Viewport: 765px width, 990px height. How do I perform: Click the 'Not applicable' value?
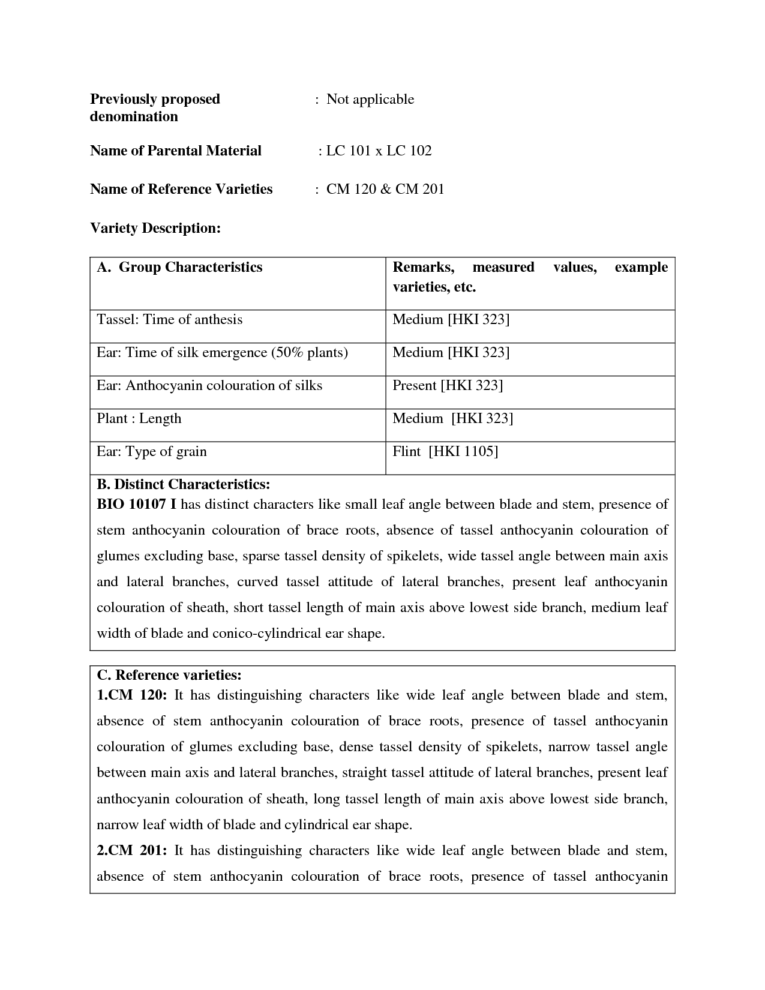click(370, 99)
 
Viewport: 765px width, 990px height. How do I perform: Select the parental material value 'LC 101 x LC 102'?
click(379, 151)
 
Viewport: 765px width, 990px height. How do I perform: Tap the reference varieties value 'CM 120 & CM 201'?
click(385, 189)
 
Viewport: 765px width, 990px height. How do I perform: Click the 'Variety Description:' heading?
click(155, 228)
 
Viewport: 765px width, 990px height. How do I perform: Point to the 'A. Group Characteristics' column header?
click(179, 267)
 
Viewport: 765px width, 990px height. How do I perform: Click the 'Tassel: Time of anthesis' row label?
click(170, 319)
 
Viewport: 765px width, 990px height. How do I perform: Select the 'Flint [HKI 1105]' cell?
click(445, 451)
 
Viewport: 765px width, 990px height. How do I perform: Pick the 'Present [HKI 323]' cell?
click(448, 385)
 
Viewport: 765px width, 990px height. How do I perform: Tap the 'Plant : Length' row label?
click(139, 418)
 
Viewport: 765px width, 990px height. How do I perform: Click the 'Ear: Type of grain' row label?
click(152, 451)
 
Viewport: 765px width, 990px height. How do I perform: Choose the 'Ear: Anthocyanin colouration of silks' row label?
click(209, 385)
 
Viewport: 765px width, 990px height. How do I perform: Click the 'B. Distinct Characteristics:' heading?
click(184, 484)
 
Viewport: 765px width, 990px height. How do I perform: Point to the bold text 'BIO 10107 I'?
click(136, 504)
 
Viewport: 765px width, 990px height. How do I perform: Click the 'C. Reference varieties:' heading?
click(169, 675)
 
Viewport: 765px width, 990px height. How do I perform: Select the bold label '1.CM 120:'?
click(131, 695)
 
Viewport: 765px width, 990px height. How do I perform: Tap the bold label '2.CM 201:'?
click(131, 851)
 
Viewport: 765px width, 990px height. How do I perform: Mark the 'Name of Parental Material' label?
click(176, 151)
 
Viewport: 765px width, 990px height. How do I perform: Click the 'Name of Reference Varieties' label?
click(181, 189)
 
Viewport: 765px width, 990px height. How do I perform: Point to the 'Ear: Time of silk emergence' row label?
click(222, 352)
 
